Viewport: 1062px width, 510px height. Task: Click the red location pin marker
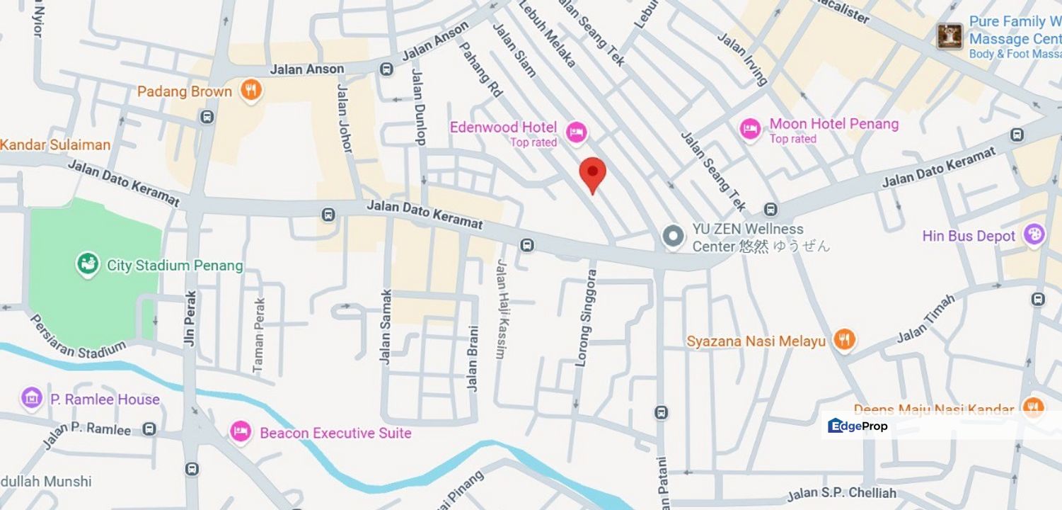click(592, 173)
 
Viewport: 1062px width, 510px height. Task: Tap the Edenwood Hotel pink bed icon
click(577, 131)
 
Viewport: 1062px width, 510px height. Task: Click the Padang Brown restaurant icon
click(250, 91)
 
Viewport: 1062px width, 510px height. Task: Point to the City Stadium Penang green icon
click(88, 265)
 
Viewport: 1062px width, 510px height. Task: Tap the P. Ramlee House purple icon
click(32, 399)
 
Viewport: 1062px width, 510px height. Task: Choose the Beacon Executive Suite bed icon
click(241, 432)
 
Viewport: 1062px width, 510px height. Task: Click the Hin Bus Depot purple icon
click(1034, 235)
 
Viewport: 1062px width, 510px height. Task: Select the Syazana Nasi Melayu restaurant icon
click(843, 341)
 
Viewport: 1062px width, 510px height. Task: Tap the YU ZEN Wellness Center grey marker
click(673, 237)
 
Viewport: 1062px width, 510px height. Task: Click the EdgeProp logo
click(858, 426)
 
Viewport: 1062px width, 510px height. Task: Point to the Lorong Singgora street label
click(584, 317)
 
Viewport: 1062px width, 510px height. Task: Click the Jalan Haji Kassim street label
click(502, 309)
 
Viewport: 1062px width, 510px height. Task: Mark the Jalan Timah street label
click(926, 319)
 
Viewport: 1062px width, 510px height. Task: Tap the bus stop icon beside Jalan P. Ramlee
click(149, 429)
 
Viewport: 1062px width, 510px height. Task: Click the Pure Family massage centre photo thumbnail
click(950, 35)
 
